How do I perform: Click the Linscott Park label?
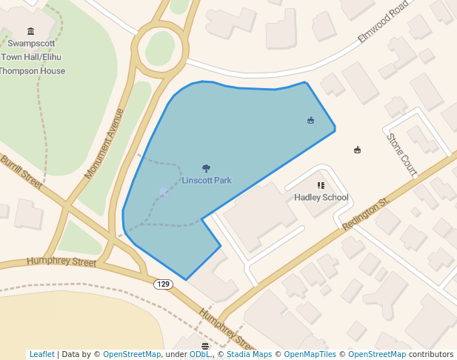tap(207, 181)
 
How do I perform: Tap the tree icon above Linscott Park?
tap(206, 169)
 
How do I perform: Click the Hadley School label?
tap(321, 198)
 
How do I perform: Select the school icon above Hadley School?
tap(321, 186)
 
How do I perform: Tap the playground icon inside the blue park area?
tap(310, 120)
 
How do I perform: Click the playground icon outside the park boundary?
tap(358, 150)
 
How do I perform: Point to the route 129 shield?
tap(163, 284)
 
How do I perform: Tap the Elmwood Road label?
tap(384, 21)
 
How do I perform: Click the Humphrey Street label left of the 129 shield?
tap(61, 261)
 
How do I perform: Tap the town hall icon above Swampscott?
tap(30, 31)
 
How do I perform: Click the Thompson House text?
tap(33, 71)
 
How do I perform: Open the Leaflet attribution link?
tap(41, 354)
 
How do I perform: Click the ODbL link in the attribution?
tap(200, 354)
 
